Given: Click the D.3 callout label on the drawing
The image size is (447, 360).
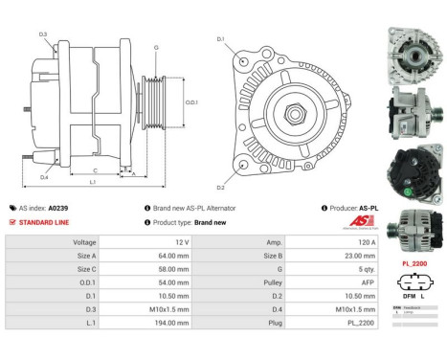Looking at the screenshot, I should pos(44,34).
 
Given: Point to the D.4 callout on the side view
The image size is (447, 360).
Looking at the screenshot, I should pos(44,178).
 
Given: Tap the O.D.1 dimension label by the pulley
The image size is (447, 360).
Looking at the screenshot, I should pos(190,102).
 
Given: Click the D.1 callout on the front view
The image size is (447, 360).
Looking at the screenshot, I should pos(221,39).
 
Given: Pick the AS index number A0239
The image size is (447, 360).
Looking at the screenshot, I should pos(58,208).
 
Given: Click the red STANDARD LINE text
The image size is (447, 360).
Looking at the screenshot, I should pos(44,221).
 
